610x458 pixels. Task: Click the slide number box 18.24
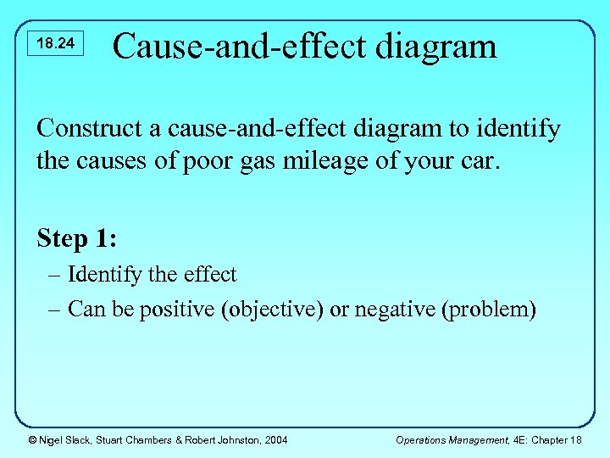pos(57,43)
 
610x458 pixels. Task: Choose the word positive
pos(178,310)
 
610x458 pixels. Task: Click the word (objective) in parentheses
pos(273,310)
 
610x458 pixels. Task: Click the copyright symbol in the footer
pos(31,439)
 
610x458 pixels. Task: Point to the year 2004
pos(274,439)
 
